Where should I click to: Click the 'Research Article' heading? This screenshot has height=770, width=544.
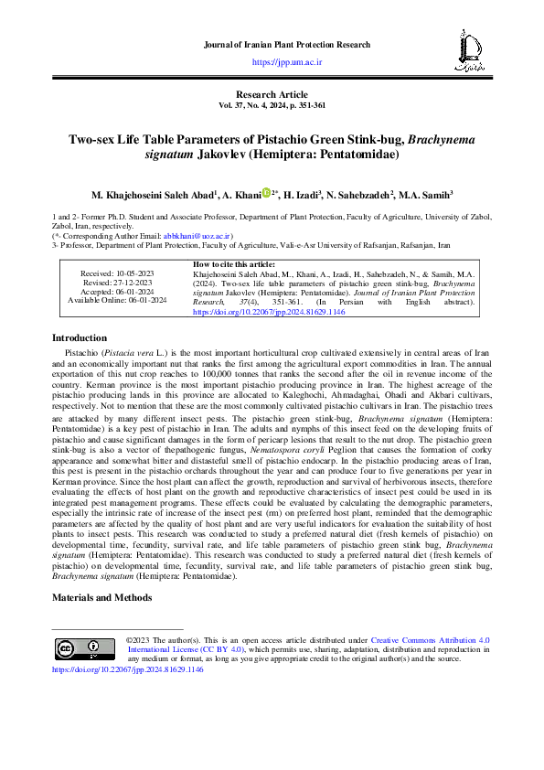click(x=272, y=95)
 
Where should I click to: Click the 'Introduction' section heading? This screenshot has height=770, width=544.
click(x=80, y=337)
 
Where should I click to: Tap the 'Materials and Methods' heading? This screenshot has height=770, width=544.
click(x=103, y=596)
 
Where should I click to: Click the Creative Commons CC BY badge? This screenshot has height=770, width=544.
click(x=80, y=648)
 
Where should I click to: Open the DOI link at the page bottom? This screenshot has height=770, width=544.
click(x=127, y=668)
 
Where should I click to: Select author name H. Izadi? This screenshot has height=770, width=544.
click(x=301, y=196)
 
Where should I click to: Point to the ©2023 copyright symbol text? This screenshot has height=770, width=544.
click(x=139, y=641)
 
